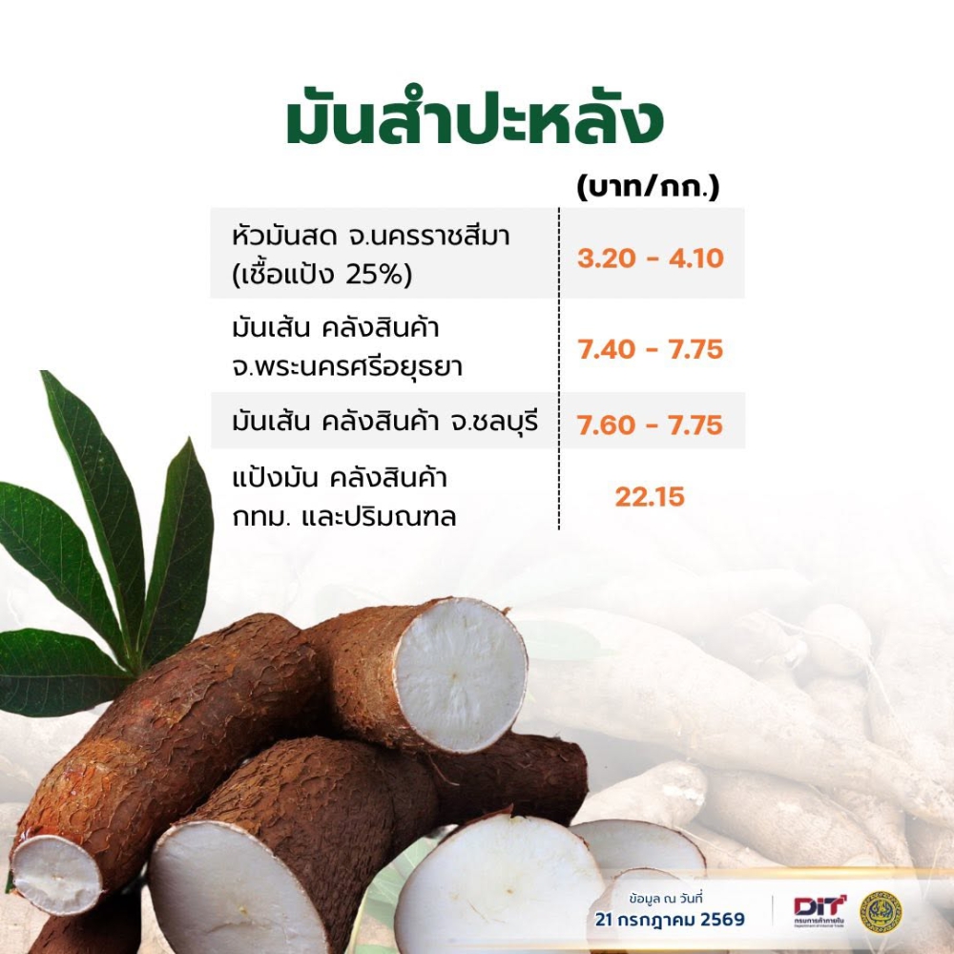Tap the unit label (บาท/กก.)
tap(648, 187)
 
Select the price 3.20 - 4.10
tap(651, 258)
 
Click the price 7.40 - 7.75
tap(651, 349)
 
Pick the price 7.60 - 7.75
tap(651, 425)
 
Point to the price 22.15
tap(650, 496)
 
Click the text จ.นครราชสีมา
tap(429, 236)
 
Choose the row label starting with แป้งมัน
tap(344, 497)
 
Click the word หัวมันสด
tap(284, 236)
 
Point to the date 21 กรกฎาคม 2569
tap(670, 919)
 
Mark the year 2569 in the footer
tap(722, 919)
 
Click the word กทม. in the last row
tap(261, 517)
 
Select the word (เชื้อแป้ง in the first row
tap(283, 275)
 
